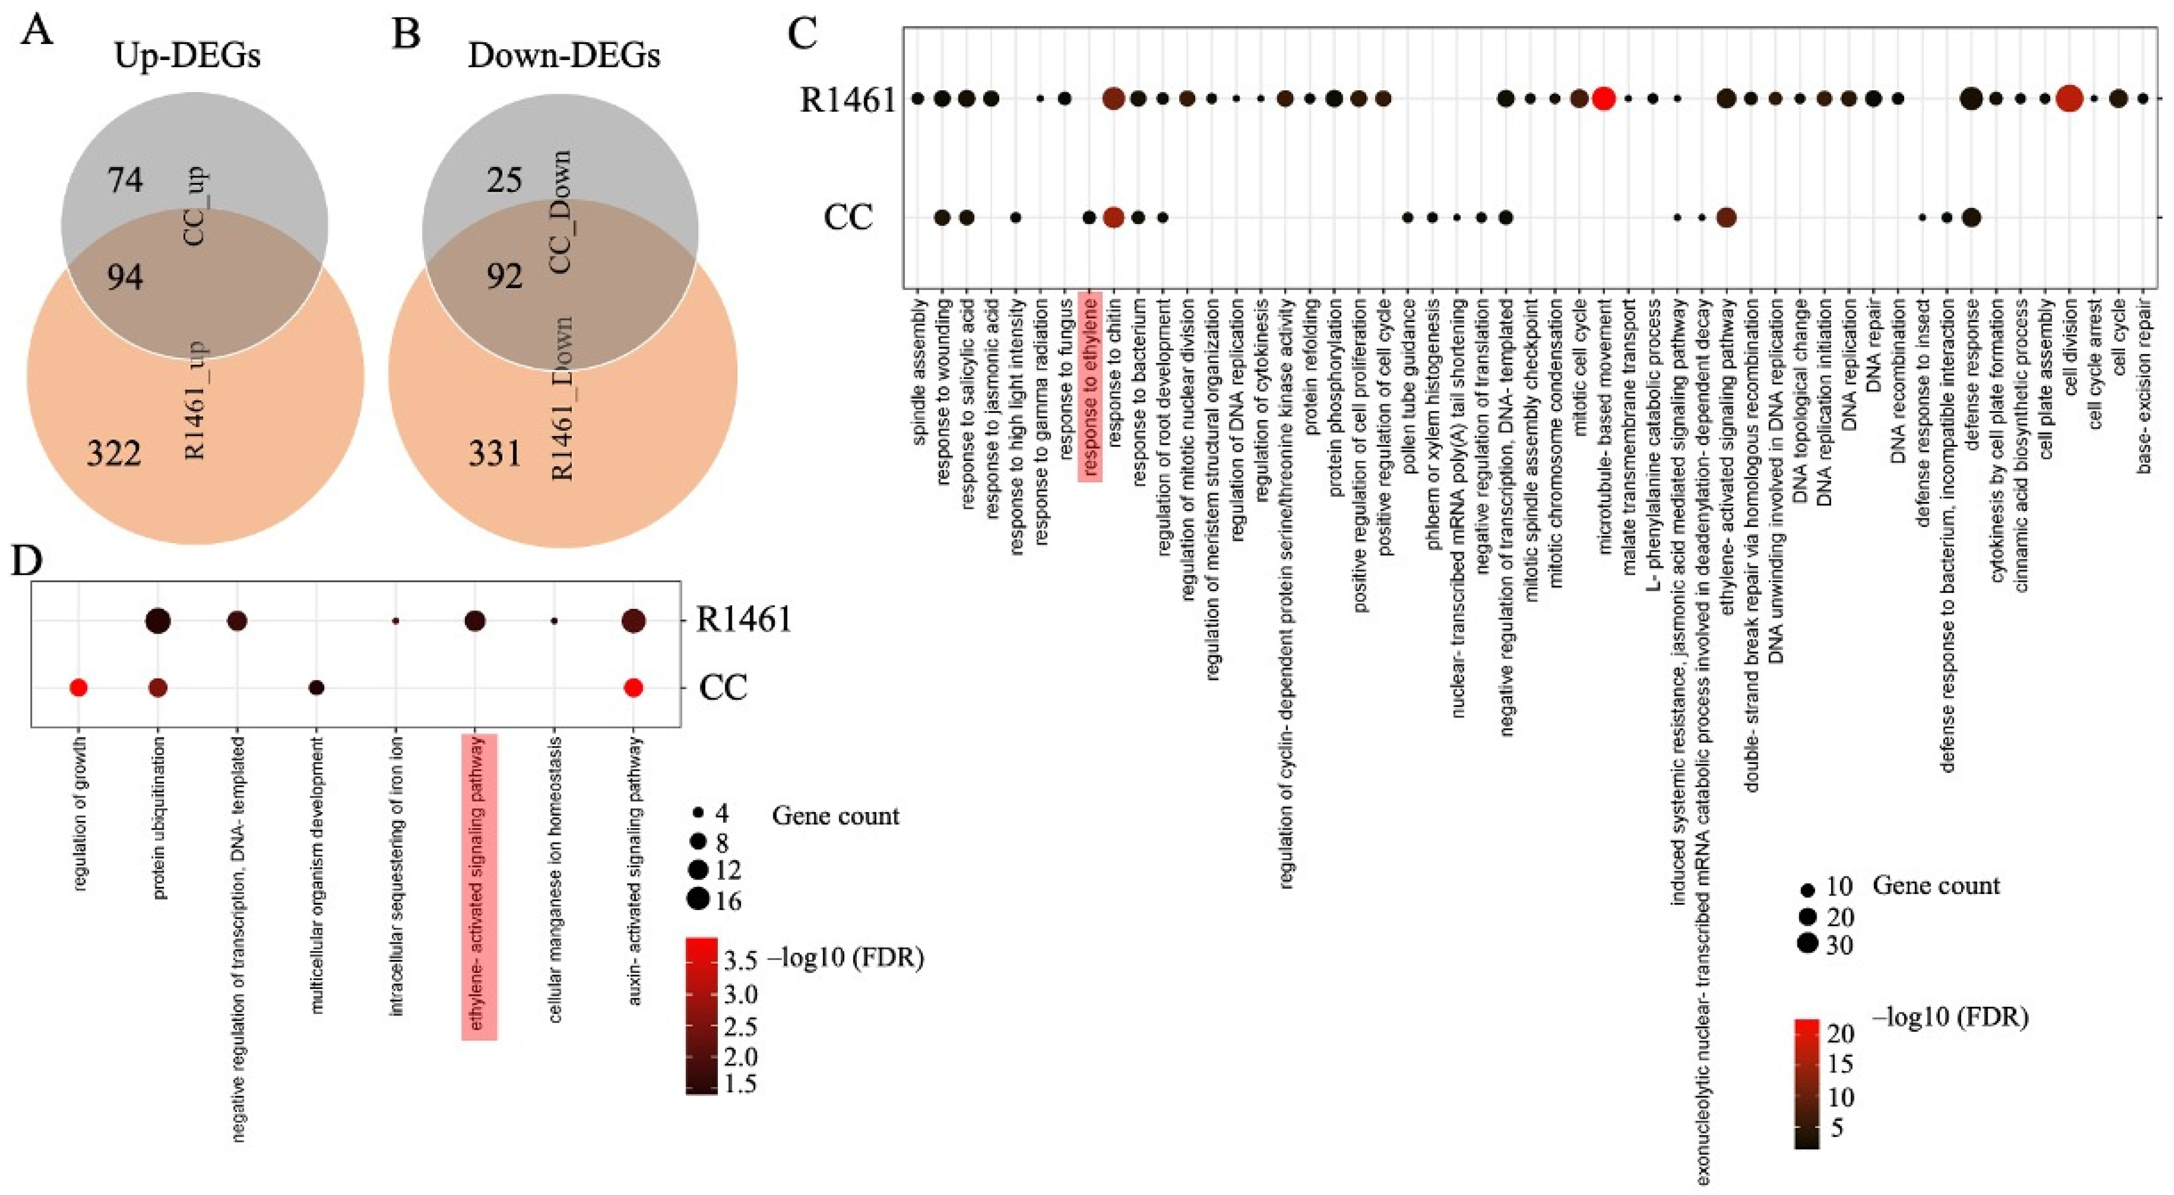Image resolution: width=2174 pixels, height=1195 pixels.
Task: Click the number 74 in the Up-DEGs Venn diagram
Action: (125, 180)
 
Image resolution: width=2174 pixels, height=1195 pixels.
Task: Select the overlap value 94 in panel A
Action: (125, 276)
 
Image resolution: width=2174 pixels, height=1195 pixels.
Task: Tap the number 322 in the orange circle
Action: (114, 454)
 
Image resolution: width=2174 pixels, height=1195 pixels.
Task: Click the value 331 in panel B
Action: (495, 454)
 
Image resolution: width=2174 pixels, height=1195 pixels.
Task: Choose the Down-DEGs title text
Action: (564, 55)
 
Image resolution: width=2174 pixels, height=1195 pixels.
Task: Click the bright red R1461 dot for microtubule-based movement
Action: (1604, 98)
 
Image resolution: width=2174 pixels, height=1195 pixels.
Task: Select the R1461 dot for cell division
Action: (2069, 98)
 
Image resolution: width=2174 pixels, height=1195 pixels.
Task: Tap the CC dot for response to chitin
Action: (1113, 217)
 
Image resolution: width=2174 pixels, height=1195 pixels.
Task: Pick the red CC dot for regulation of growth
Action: (77, 688)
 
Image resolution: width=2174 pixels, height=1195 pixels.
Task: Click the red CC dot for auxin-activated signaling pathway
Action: (634, 688)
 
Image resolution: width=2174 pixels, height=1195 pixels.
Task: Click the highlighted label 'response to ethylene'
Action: (1090, 385)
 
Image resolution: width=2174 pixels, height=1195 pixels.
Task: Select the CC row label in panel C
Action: (847, 217)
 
